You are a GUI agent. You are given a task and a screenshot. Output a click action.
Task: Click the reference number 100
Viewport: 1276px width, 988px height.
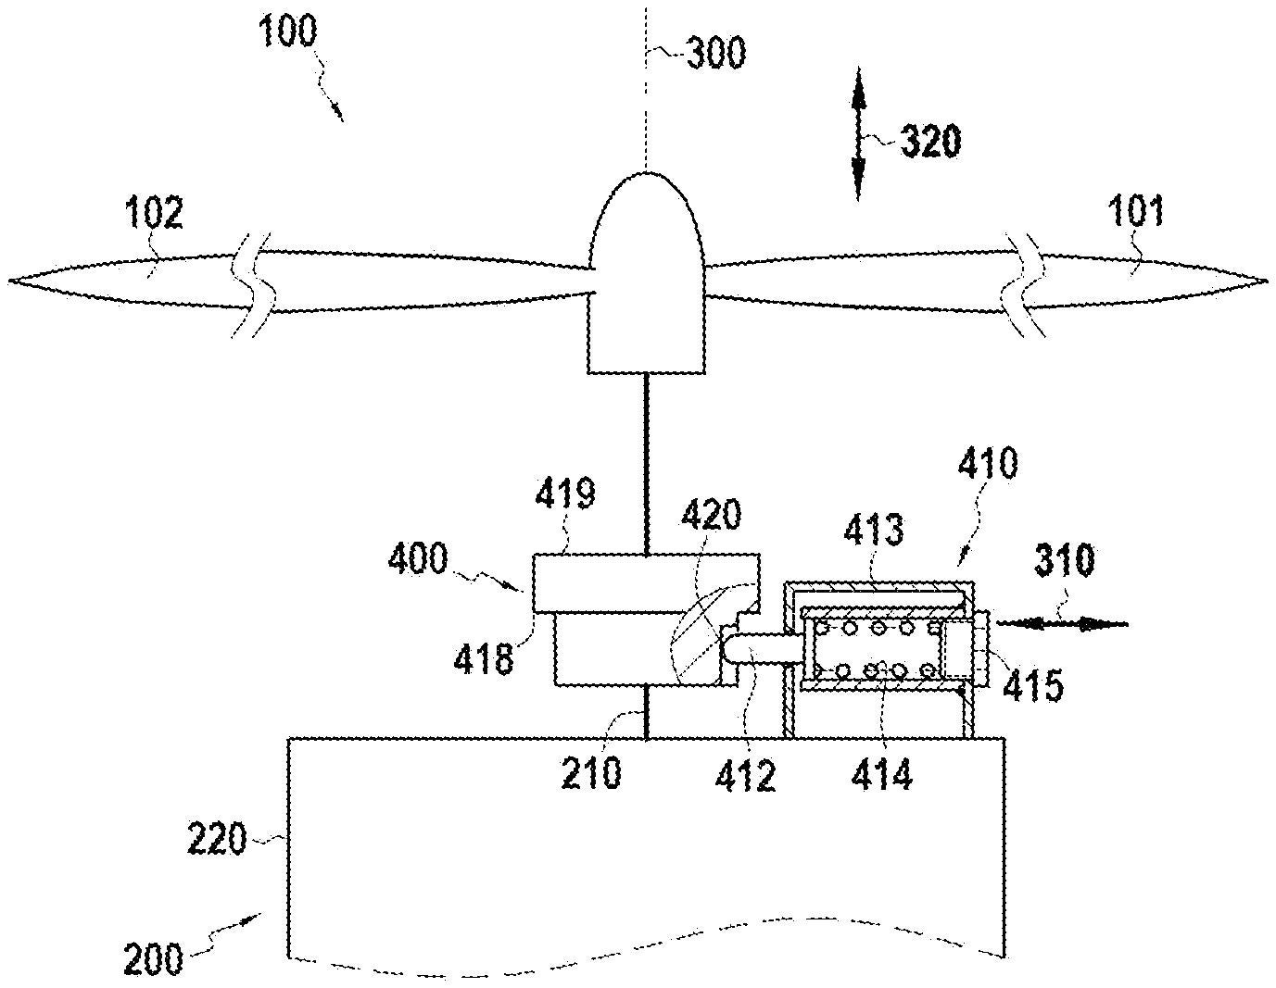[287, 31]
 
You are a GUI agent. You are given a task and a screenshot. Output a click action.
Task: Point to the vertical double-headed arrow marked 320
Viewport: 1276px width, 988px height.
[858, 133]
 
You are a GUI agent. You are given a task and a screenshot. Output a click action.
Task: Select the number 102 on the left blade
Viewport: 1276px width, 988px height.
[155, 212]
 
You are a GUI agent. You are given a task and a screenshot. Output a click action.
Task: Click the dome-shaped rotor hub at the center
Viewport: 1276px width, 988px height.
[647, 273]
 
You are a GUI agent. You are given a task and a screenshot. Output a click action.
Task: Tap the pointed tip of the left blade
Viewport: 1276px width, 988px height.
[9, 281]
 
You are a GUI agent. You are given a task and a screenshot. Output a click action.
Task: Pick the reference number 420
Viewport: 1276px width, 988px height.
[711, 514]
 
